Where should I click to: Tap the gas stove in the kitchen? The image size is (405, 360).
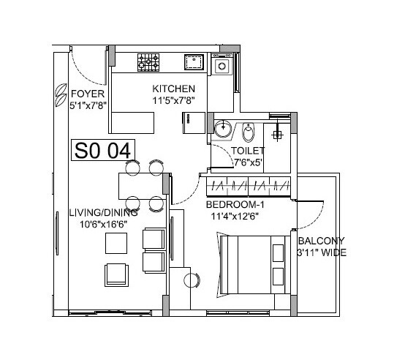150,61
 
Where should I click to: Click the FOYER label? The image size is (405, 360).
88,94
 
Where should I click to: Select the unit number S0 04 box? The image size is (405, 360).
102,150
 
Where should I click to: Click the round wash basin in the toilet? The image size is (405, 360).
223,129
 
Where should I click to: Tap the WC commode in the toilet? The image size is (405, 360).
249,133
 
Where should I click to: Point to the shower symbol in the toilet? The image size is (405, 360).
278,132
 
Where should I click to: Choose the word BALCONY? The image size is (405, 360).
321,241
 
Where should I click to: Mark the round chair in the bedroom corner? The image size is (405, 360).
192,280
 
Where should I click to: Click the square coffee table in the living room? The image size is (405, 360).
116,273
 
